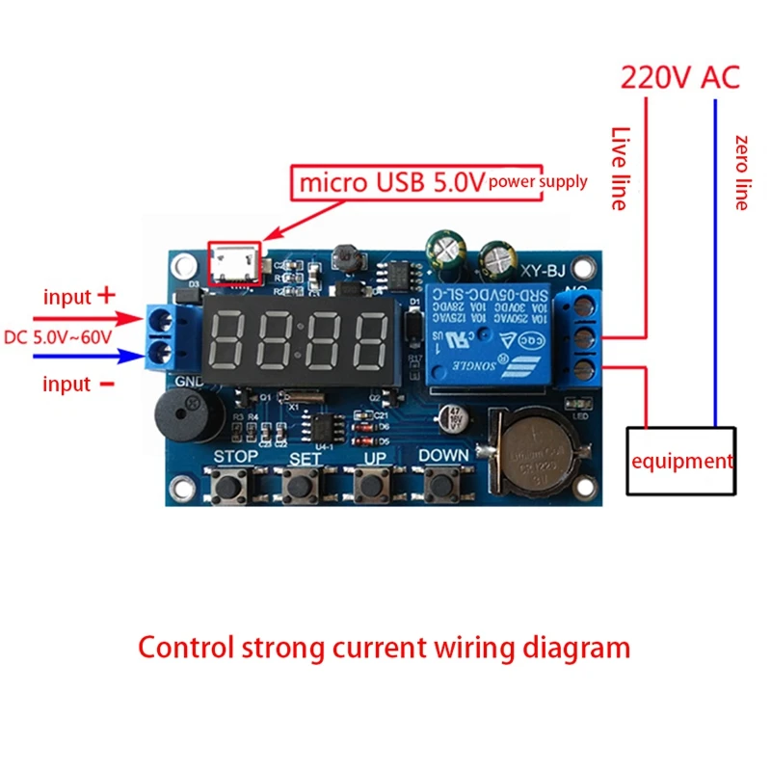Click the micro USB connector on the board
pyautogui.click(x=235, y=261)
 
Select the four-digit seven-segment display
pyautogui.click(x=299, y=340)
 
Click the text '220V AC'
pyautogui.click(x=679, y=77)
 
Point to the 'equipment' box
pyautogui.click(x=681, y=461)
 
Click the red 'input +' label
pyautogui.click(x=79, y=297)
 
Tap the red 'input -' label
pyautogui.click(x=79, y=384)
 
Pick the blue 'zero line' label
pyautogui.click(x=741, y=173)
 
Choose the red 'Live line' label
pyautogui.click(x=620, y=169)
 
